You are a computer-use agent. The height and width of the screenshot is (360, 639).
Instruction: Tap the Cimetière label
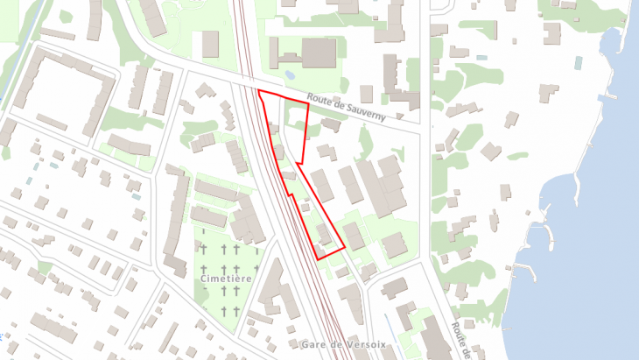click(228, 279)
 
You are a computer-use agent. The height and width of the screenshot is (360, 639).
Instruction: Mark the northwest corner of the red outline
click(258, 90)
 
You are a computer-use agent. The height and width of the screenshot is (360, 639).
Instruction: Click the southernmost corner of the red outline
click(319, 259)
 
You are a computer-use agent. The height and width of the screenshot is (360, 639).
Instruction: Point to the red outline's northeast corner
click(309, 104)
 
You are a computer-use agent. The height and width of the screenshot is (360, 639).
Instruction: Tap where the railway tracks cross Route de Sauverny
click(249, 86)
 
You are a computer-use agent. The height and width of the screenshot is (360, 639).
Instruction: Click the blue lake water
click(578, 263)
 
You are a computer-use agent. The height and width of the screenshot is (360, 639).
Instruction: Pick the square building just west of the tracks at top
click(210, 44)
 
